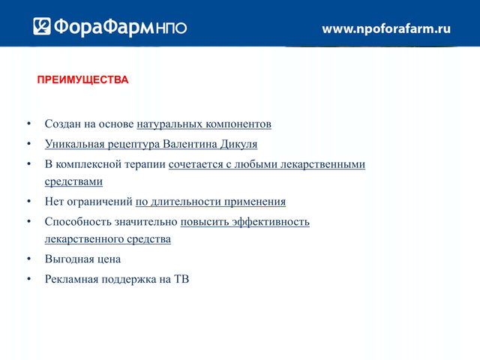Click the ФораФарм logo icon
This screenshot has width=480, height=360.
point(42,26)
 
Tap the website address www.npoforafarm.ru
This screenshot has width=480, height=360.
point(386,28)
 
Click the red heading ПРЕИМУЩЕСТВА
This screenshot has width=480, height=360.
point(82,80)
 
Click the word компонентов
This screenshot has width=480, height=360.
point(238,124)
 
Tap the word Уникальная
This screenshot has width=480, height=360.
point(75,144)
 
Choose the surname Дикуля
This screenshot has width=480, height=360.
point(238,145)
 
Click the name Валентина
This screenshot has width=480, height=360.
point(190,144)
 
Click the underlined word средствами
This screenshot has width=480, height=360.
point(73,181)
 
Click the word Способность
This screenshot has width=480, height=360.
point(78,222)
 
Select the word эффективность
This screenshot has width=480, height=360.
point(271,222)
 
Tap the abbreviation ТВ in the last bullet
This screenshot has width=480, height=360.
point(181,279)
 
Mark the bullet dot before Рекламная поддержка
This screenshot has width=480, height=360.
point(29,278)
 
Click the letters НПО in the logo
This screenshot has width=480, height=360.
point(171,28)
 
